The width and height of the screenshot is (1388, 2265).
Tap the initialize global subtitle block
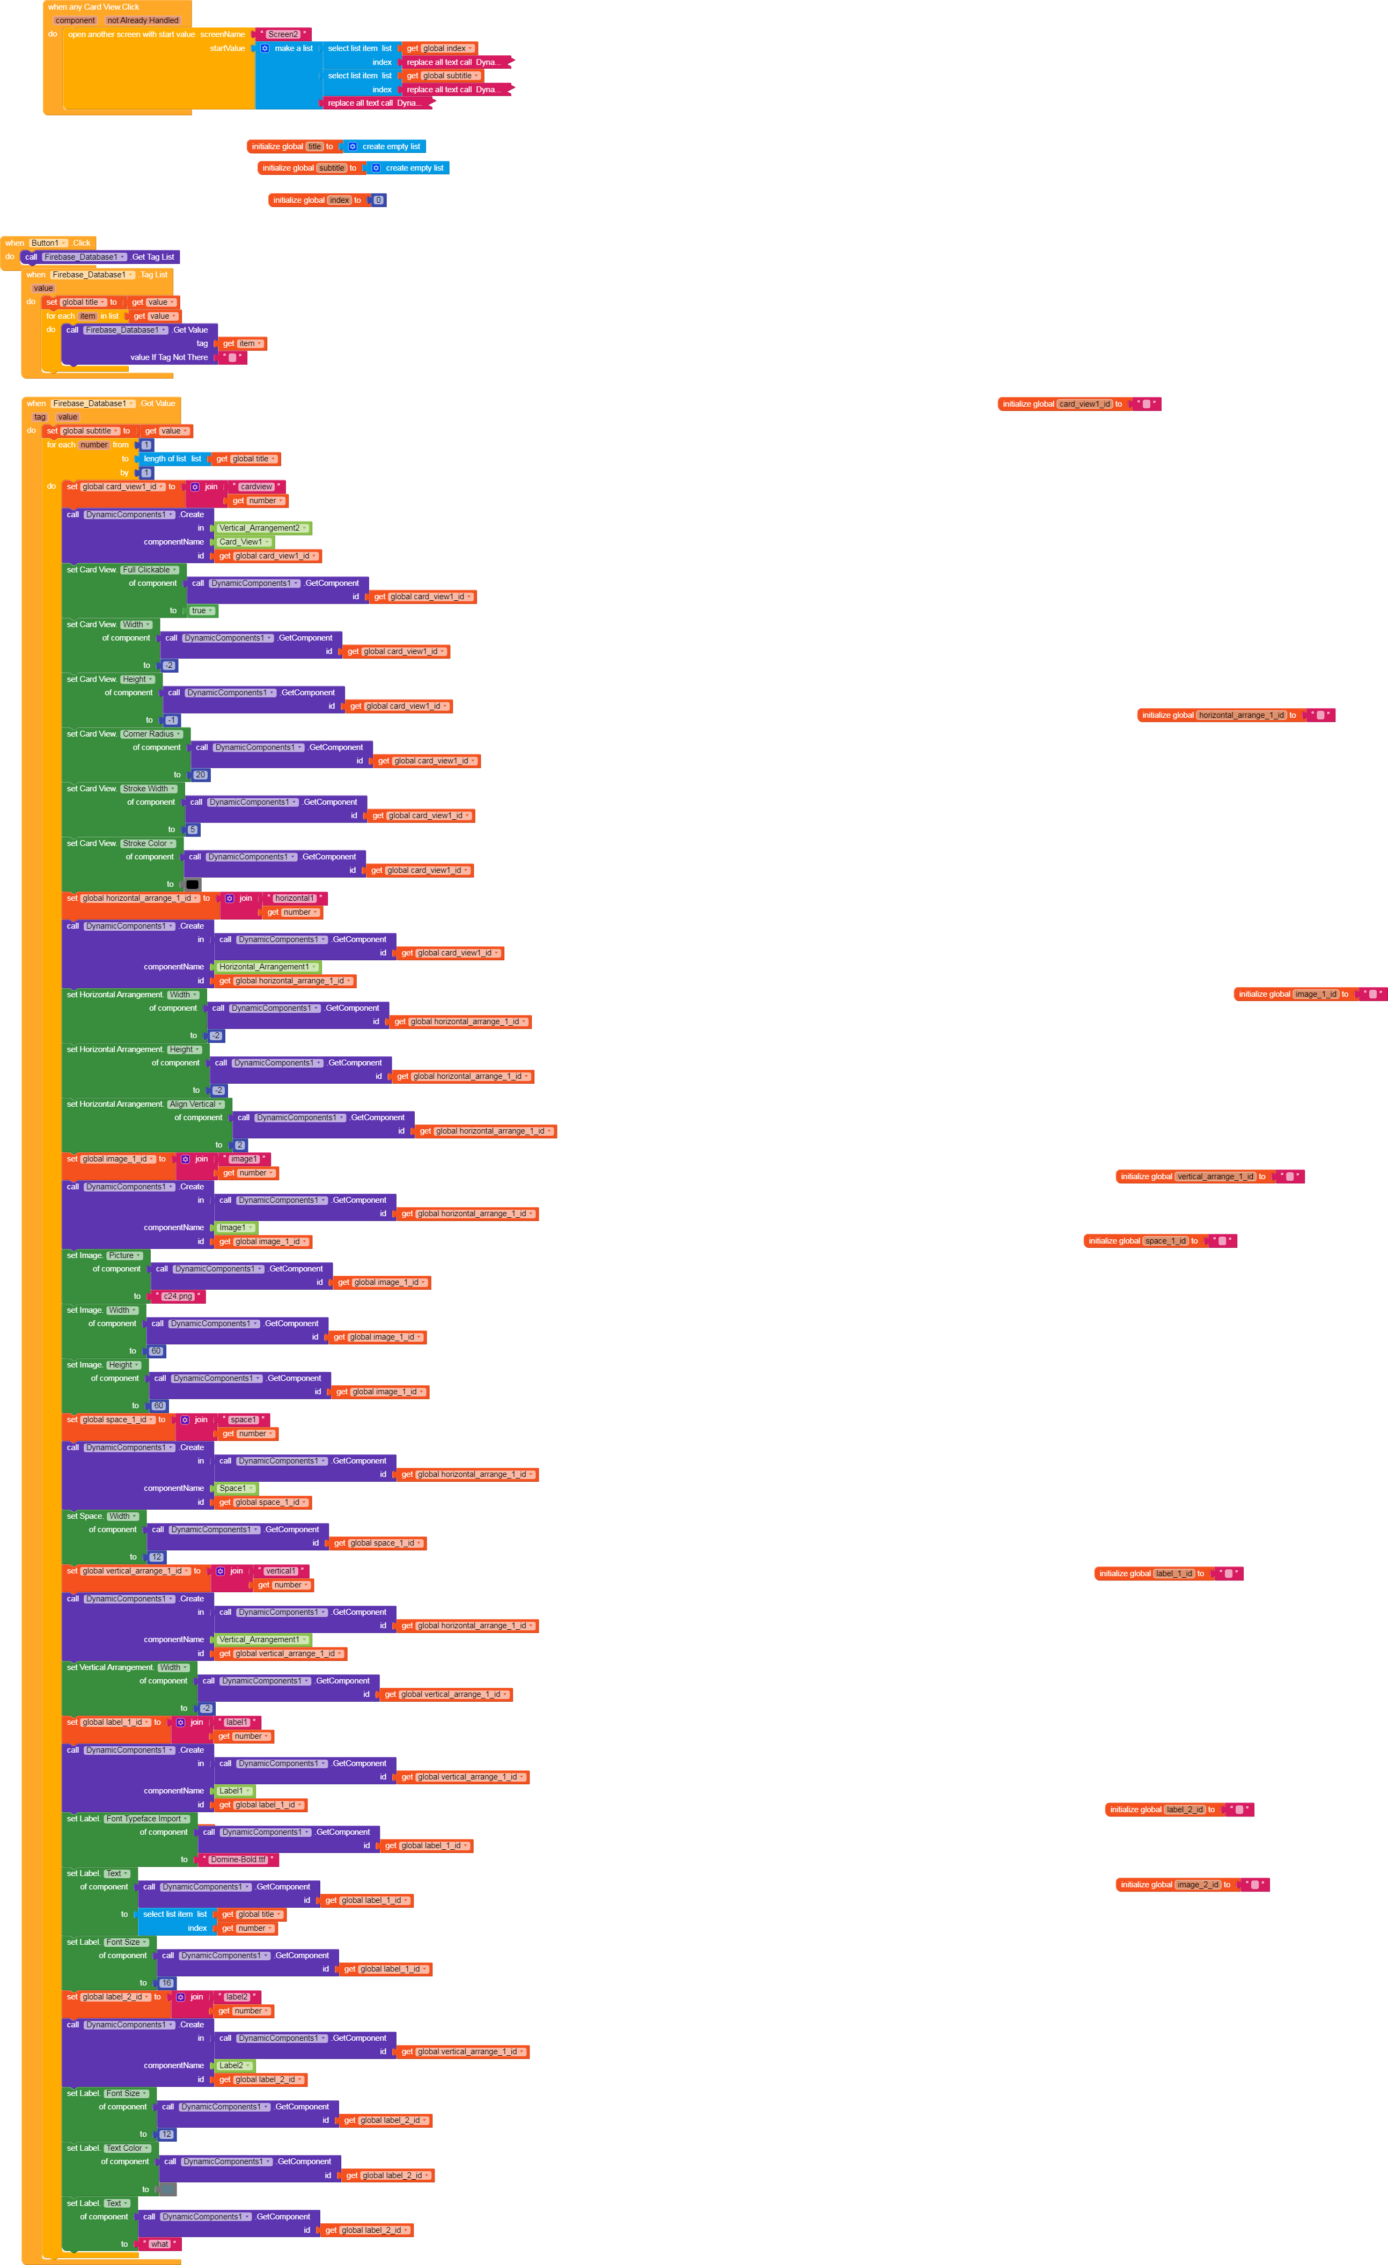point(287,168)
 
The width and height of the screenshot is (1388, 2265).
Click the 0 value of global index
point(378,201)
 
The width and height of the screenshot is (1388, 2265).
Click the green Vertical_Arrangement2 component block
point(262,528)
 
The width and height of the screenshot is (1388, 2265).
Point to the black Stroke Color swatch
point(192,884)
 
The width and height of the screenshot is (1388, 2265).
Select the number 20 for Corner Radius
point(200,775)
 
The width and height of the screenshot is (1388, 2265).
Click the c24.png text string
point(178,1296)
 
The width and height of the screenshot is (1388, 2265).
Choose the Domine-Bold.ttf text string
point(238,1859)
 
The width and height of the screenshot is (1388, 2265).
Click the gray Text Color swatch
point(167,2189)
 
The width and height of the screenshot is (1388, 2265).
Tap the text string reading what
point(160,2244)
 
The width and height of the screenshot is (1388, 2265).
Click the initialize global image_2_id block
point(1149,1885)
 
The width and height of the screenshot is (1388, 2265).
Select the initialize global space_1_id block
point(1117,1241)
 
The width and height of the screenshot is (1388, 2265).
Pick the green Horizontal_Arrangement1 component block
point(267,967)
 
